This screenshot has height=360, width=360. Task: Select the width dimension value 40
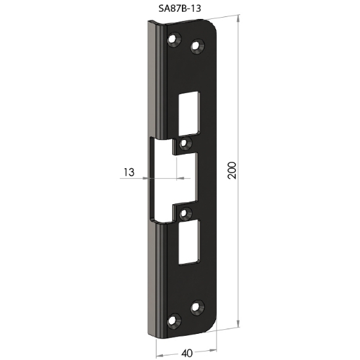187,353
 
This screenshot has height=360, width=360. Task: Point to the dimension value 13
128,172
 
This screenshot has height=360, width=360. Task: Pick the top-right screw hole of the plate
196,46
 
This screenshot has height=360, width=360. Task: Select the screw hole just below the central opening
185,212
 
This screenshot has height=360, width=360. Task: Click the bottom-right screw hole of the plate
196,306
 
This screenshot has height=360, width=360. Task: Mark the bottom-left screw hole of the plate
174,320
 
